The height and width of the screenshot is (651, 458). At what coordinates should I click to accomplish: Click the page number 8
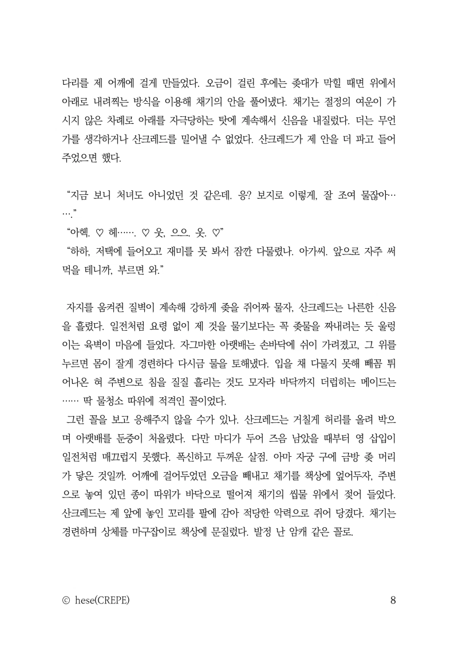coord(393,601)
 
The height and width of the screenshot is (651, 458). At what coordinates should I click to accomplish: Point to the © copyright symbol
coord(66,601)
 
